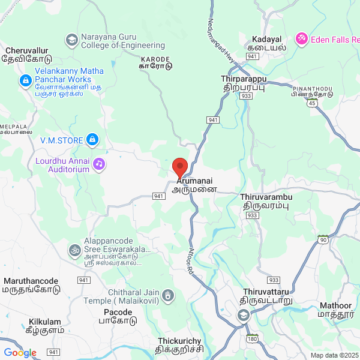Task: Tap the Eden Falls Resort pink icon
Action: point(301,38)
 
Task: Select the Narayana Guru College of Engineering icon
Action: point(71,40)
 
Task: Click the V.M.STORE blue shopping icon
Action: point(92,140)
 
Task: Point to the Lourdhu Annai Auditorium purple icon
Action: point(99,163)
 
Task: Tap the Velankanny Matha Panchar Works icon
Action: point(25,80)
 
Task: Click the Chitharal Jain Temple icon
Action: point(169,295)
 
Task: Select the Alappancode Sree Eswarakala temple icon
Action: point(75,248)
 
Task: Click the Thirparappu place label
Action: point(243,79)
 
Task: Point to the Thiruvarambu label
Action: point(266,196)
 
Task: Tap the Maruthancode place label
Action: point(31,281)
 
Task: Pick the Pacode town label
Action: point(118,313)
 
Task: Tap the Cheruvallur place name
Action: point(26,51)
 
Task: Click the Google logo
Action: point(20,353)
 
